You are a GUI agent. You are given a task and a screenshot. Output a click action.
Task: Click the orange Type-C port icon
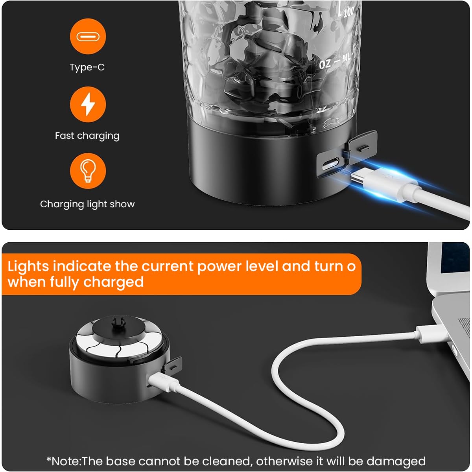click(x=88, y=37)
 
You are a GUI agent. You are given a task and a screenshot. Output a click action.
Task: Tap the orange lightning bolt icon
click(x=88, y=105)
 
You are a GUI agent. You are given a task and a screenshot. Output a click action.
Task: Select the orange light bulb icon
click(x=88, y=171)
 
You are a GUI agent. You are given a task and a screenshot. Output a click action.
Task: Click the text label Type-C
click(x=87, y=67)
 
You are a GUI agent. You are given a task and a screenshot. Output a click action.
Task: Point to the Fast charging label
click(x=87, y=136)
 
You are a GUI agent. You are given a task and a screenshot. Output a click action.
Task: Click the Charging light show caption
click(x=87, y=204)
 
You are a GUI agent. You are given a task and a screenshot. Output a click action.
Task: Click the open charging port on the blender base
click(x=331, y=163)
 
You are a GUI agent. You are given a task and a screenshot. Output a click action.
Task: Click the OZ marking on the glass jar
click(x=325, y=64)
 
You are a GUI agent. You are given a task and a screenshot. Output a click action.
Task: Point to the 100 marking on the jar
click(x=348, y=12)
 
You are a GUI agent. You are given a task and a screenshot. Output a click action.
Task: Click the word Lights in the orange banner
click(x=28, y=266)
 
